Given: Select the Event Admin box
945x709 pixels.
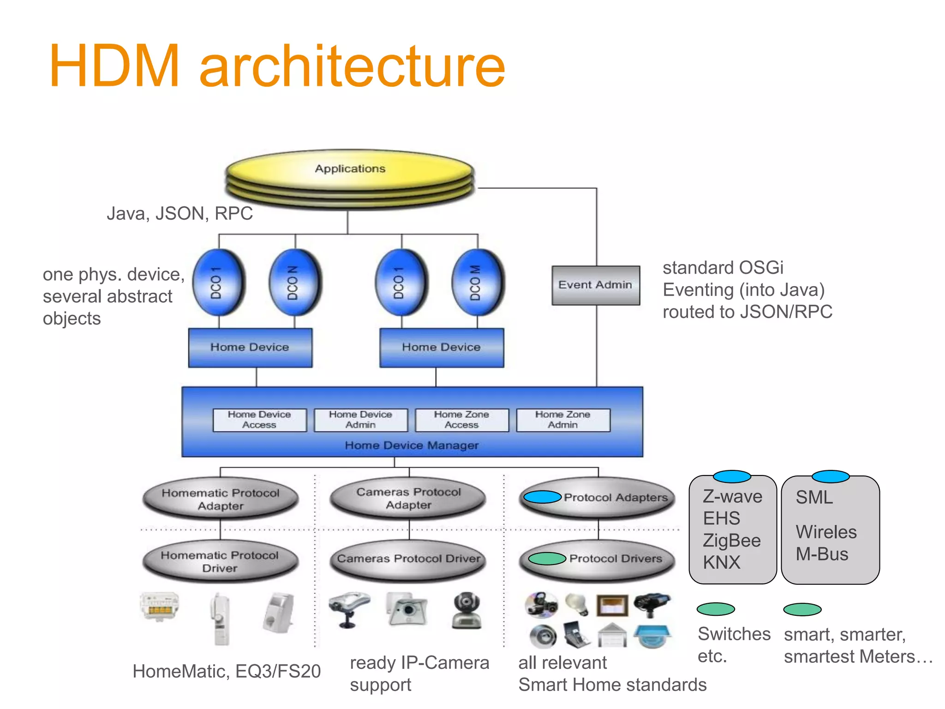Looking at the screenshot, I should tap(595, 285).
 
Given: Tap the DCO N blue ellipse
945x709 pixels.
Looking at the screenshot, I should tap(295, 282).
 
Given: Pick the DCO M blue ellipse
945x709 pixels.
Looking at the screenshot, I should tap(478, 282).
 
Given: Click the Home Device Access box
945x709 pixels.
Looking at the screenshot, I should tap(259, 420).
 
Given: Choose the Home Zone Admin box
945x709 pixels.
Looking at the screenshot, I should tap(563, 420).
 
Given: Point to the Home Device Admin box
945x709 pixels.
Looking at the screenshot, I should tap(360, 420).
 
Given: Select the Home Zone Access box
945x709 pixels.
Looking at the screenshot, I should tap(461, 420).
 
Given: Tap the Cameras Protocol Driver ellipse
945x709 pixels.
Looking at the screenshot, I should tap(409, 559).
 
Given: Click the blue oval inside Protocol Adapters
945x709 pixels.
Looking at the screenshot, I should tap(542, 497).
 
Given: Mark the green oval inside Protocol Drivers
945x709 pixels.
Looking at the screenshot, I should tap(547, 559).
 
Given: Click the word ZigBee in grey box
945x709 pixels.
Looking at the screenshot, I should tap(731, 541).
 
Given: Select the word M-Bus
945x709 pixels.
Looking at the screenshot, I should tap(822, 554).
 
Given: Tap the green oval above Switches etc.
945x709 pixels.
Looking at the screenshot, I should tap(715, 609).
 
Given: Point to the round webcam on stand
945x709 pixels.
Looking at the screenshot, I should tap(467, 610).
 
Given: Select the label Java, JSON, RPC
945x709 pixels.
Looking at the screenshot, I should tap(179, 214).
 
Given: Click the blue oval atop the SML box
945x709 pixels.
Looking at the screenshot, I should tap(830, 476).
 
